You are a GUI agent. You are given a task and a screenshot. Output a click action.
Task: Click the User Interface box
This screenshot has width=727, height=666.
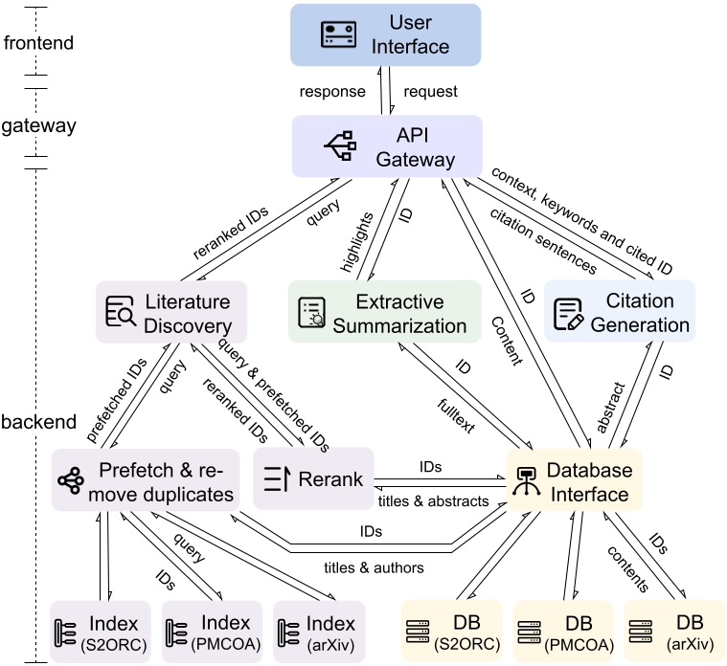click(385, 34)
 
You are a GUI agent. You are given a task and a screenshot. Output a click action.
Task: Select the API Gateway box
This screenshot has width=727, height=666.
click(386, 146)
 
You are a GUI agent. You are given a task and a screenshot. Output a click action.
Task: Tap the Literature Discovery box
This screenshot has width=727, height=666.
click(171, 312)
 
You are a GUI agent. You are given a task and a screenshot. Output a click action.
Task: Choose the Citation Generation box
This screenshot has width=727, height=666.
click(620, 312)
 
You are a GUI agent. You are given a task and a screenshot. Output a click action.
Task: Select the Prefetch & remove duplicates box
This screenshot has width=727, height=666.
click(145, 480)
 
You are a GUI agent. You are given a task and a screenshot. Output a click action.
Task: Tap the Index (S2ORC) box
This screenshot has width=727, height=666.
click(101, 633)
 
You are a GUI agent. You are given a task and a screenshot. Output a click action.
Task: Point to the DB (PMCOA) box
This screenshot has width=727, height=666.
click(564, 633)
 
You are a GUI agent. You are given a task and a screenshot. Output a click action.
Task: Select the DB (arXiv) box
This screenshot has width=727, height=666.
click(674, 633)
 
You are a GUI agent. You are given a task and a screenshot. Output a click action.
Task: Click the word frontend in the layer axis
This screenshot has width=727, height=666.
click(37, 43)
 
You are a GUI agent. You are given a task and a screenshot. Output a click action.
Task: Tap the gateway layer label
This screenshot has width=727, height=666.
click(38, 125)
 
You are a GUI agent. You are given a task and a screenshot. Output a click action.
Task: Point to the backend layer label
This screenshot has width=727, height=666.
click(38, 422)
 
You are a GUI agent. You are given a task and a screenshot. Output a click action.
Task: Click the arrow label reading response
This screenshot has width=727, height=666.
click(332, 92)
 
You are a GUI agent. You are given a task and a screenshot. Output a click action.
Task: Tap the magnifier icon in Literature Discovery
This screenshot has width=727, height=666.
click(122, 312)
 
